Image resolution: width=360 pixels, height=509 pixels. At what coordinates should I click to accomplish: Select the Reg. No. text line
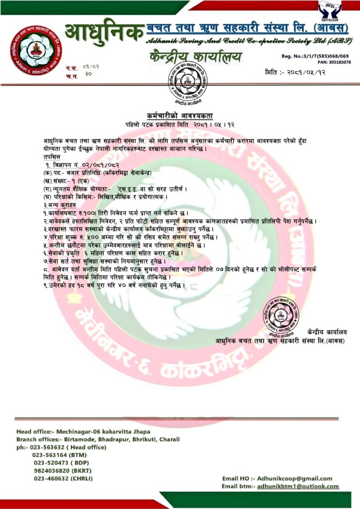315,56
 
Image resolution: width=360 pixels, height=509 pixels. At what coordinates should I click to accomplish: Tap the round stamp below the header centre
180,85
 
